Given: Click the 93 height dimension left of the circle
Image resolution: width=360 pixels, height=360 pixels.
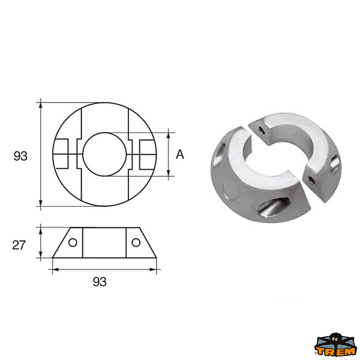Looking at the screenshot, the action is point(20,156).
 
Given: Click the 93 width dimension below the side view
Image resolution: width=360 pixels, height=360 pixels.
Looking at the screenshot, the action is point(100,282).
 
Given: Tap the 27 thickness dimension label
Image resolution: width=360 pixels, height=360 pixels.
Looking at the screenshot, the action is point(19,245).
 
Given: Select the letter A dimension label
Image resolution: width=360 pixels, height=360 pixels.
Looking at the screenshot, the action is point(180,154).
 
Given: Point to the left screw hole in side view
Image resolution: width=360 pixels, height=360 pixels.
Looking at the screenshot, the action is point(73,242).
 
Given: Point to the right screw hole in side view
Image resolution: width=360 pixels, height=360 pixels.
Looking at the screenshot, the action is point(136,242).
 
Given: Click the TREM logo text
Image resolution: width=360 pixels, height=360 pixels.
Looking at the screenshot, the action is point(335,351).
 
